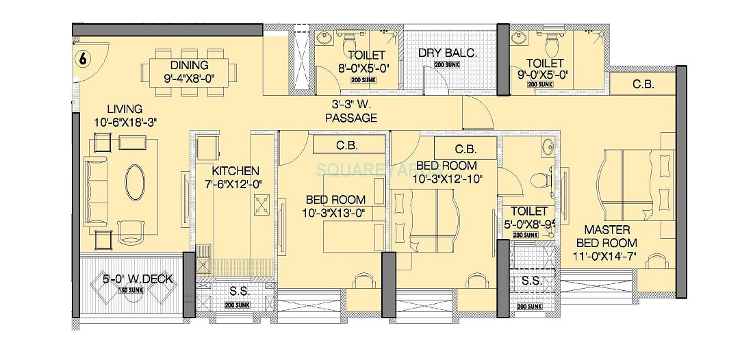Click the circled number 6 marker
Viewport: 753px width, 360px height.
coord(82,59)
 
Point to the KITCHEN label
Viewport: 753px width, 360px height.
coord(235,170)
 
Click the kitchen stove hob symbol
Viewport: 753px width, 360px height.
coord(261,203)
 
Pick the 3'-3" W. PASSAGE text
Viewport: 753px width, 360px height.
coord(350,112)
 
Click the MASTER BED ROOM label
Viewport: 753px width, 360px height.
coord(606,237)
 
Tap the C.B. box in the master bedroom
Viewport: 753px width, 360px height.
coord(643,84)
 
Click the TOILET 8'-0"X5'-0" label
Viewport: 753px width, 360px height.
coord(366,62)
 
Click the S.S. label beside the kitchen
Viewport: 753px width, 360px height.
coord(239,291)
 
